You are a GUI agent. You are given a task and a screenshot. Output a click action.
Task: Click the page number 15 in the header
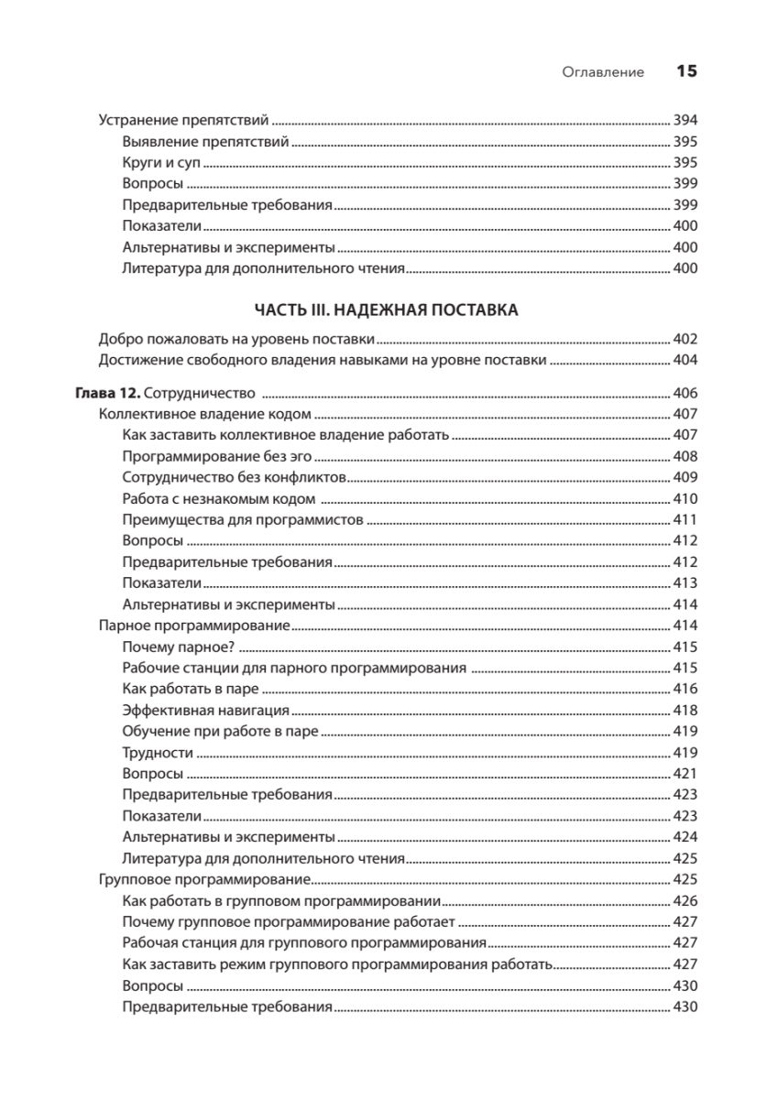click(x=687, y=71)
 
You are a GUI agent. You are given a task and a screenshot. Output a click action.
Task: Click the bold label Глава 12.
click(x=105, y=394)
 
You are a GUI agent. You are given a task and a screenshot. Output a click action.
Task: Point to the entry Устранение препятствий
click(x=182, y=120)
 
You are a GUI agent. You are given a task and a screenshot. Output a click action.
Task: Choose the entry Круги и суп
click(x=160, y=162)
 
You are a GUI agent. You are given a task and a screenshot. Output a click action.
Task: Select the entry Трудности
click(x=157, y=752)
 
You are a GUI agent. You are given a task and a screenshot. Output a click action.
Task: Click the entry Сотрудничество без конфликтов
click(x=234, y=477)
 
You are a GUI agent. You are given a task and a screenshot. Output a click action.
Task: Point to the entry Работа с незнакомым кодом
click(x=218, y=499)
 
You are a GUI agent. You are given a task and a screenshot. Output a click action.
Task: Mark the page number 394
click(x=685, y=120)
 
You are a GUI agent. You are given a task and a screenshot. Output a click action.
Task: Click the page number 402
click(x=685, y=337)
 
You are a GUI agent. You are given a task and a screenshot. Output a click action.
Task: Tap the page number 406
click(x=685, y=394)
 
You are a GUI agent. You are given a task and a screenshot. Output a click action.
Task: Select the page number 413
click(x=685, y=583)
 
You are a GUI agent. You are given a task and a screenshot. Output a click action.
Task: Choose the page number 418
click(x=685, y=710)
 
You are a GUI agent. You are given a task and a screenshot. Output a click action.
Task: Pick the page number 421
click(x=685, y=774)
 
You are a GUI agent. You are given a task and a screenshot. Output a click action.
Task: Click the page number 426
click(x=685, y=900)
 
